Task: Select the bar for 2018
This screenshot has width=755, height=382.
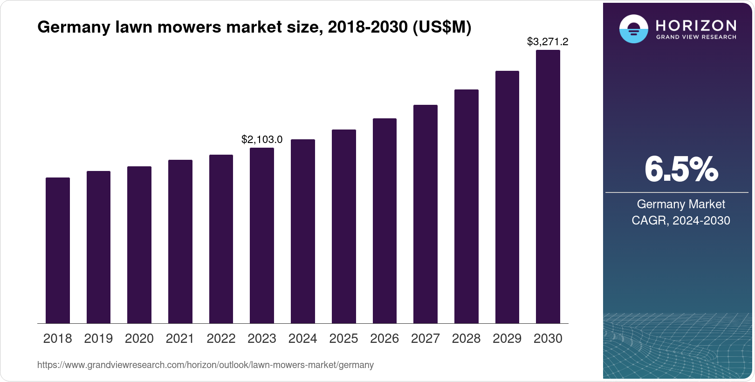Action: [58, 250]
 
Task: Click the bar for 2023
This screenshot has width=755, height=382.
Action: [262, 235]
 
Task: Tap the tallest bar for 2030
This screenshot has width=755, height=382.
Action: [548, 186]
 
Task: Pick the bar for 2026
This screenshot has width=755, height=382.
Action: [384, 221]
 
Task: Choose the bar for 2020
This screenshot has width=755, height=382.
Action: [139, 245]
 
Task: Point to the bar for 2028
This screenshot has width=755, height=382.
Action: [466, 206]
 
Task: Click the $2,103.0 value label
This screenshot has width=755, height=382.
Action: [262, 139]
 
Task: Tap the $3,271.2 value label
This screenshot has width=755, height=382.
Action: [548, 42]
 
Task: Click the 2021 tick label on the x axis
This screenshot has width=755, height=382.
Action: [180, 339]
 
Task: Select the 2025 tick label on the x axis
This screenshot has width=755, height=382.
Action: [343, 339]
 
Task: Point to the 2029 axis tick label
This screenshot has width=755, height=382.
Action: [507, 339]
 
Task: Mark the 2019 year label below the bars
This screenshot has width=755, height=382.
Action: [98, 339]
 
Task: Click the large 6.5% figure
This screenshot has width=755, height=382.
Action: [681, 170]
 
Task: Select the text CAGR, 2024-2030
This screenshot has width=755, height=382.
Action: [681, 220]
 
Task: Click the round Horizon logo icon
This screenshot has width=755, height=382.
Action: [633, 29]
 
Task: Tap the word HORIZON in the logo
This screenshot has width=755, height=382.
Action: [696, 25]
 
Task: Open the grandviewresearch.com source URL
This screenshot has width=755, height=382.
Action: [206, 365]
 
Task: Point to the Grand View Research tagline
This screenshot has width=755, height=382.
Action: [696, 37]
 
